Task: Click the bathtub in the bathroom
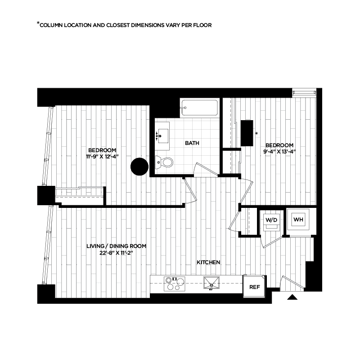point(199,108)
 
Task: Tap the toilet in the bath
point(165,162)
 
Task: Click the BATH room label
point(192,144)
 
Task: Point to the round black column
point(139,166)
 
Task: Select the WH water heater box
point(298,220)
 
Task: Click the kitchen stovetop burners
point(174,283)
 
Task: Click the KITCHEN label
point(208,262)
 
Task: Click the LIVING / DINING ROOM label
point(116,246)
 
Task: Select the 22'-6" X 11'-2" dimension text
point(116,253)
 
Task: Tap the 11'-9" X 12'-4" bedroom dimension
point(103,157)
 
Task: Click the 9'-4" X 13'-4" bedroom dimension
point(279,151)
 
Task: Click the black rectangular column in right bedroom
point(247,133)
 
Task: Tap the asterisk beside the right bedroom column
point(256,134)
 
